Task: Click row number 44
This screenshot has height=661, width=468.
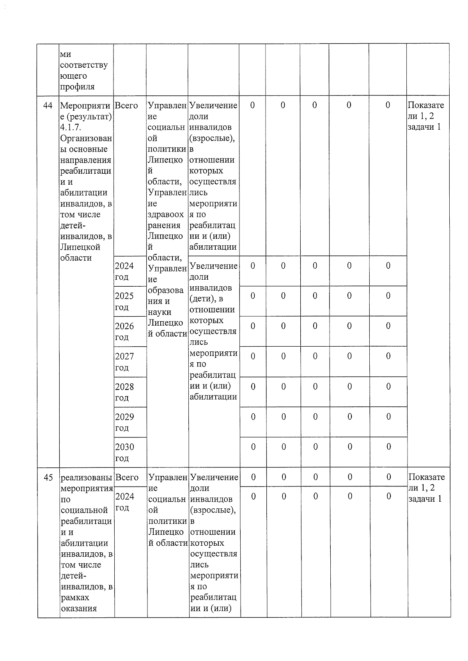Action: [48, 106]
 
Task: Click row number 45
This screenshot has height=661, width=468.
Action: [48, 478]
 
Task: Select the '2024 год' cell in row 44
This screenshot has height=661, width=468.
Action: [124, 271]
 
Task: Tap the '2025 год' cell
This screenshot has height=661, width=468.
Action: [124, 301]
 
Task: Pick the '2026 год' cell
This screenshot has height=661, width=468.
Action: [124, 331]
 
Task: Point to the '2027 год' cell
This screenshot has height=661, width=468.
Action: [124, 361]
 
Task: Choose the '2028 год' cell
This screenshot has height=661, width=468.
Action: [124, 392]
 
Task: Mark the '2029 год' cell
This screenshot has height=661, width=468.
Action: [124, 422]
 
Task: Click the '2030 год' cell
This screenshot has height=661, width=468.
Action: [124, 452]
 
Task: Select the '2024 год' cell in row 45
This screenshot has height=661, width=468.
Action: [125, 502]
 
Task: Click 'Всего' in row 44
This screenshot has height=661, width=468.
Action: [126, 106]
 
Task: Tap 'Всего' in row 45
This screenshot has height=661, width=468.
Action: [127, 478]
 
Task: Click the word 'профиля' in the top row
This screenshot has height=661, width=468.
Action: [77, 86]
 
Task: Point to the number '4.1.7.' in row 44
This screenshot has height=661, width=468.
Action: [71, 127]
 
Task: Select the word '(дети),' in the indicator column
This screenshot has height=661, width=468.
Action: [206, 299]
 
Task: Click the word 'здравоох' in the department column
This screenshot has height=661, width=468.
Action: [166, 215]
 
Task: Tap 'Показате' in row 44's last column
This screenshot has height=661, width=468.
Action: [426, 105]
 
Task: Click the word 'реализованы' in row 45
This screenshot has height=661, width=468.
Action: [86, 478]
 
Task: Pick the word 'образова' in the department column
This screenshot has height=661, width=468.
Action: [165, 290]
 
